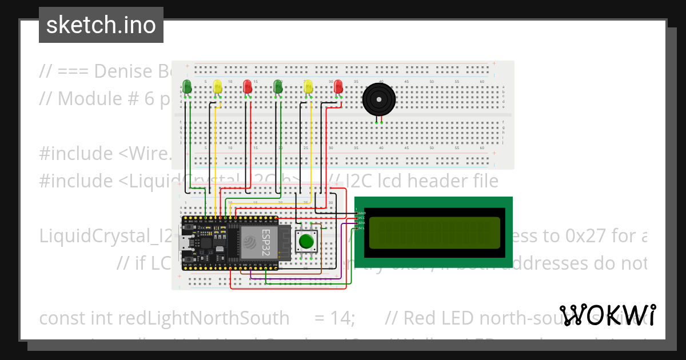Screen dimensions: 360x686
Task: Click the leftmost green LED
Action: tap(187, 87)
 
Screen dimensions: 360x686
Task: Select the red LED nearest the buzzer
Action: tap(338, 86)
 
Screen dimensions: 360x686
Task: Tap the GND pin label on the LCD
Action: tap(362, 213)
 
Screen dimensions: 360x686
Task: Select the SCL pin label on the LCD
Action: tap(362, 229)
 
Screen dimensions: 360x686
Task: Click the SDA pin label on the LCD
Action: tap(362, 223)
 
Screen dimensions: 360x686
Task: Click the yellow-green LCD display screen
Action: tap(433, 233)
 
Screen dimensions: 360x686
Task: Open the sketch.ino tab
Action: tap(101, 25)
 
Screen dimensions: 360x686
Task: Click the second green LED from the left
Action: tap(278, 87)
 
